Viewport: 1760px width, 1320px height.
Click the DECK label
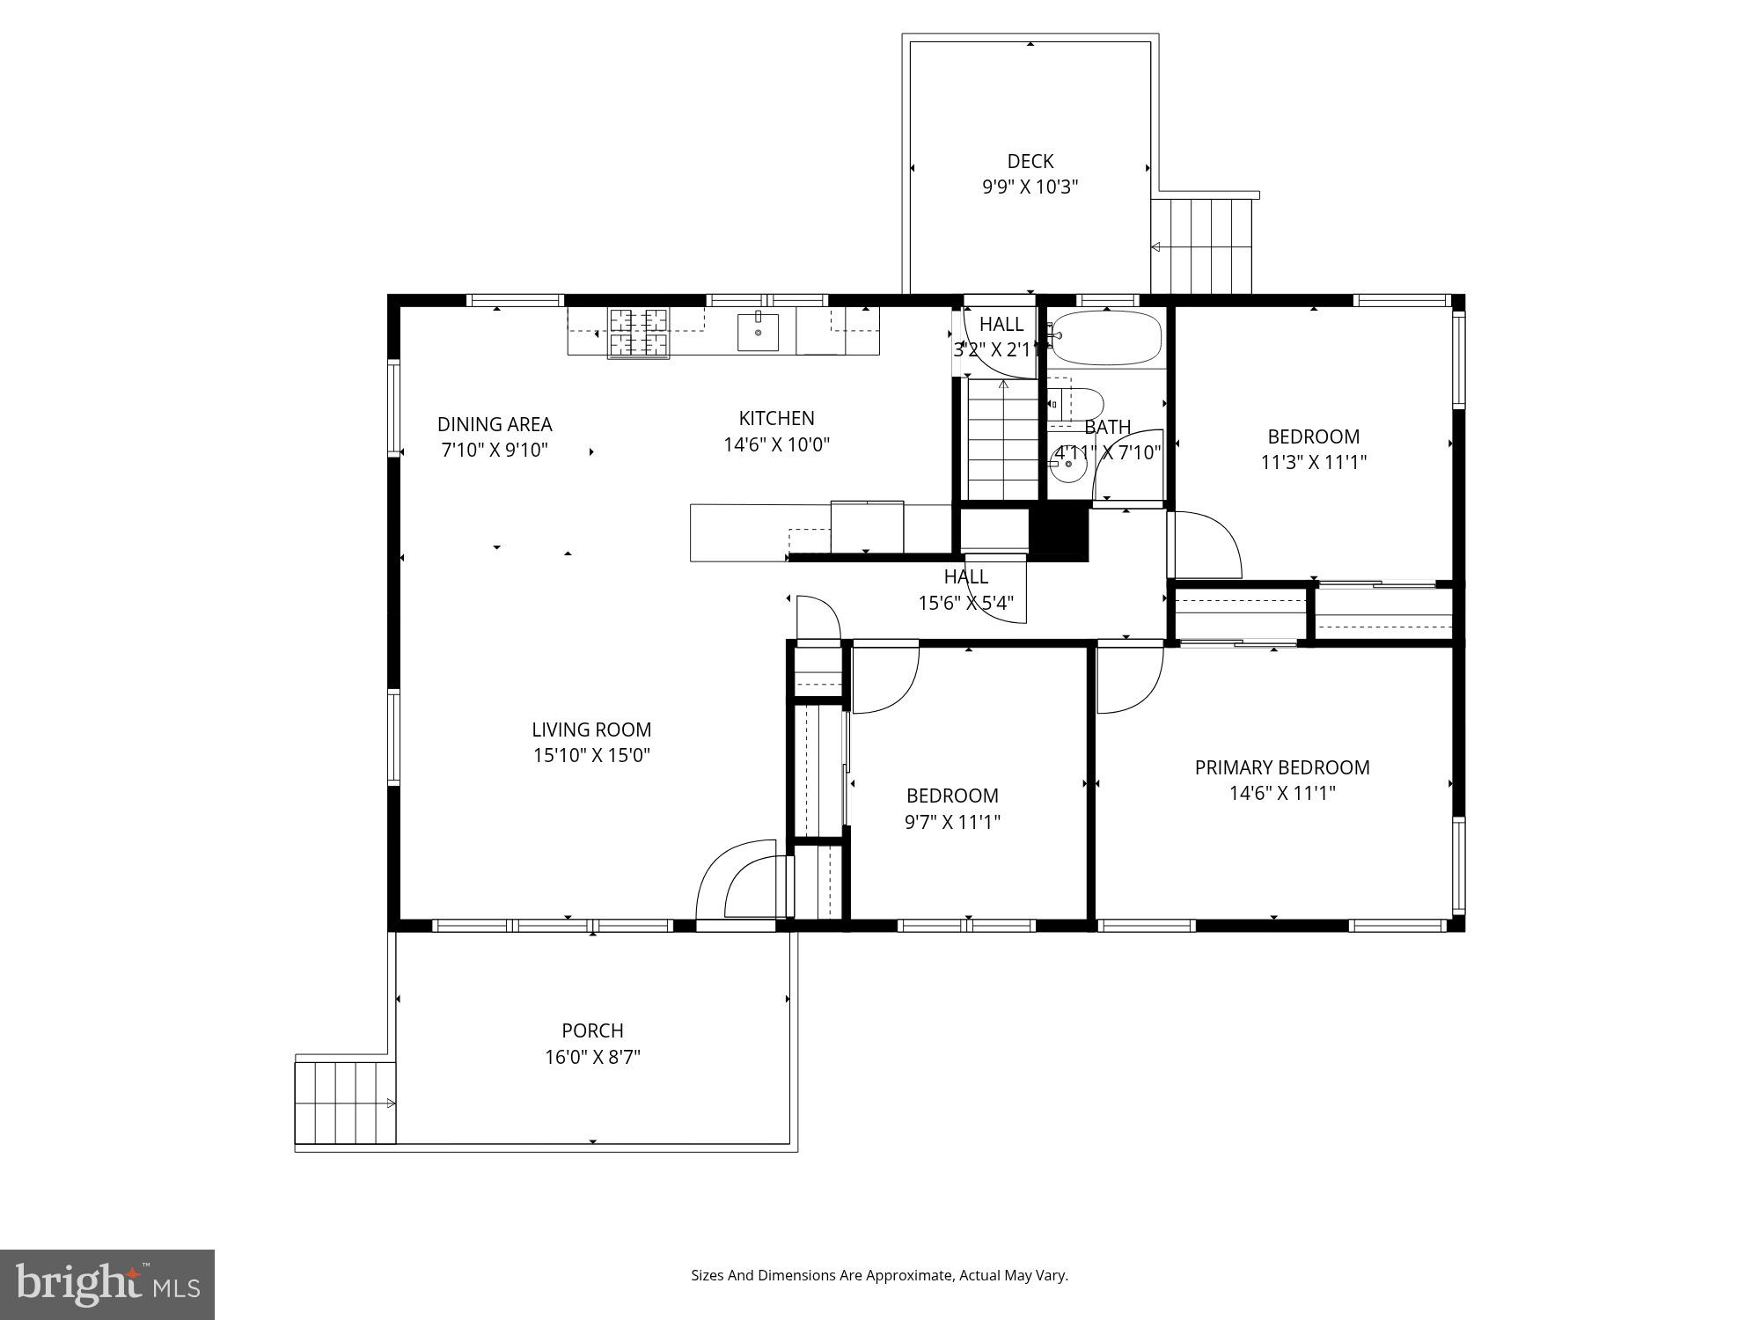(x=1030, y=162)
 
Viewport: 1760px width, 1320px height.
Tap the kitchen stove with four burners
(x=638, y=333)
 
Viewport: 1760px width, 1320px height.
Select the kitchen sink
(x=758, y=332)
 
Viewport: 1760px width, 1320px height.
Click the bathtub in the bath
(x=1107, y=338)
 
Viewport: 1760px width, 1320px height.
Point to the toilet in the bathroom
(x=1075, y=405)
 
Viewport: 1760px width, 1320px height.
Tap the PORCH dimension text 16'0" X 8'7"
(x=592, y=1057)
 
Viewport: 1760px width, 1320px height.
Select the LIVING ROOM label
(x=591, y=730)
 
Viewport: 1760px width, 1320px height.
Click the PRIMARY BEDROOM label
(x=1281, y=767)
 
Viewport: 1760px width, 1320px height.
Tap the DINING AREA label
(x=495, y=424)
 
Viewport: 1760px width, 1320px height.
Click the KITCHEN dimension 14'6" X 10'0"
(x=776, y=444)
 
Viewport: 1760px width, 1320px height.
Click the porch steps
(x=344, y=1103)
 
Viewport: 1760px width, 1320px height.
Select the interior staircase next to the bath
(x=1003, y=440)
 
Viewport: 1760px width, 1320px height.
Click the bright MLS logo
(x=106, y=1284)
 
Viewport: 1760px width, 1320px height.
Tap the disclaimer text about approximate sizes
(x=879, y=1275)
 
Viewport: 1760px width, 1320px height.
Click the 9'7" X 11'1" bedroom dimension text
(x=952, y=822)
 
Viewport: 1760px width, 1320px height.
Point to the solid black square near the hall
(x=1059, y=534)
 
